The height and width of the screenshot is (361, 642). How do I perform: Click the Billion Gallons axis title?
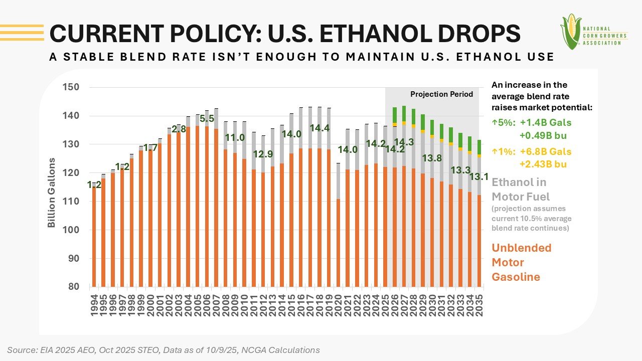click(x=52, y=193)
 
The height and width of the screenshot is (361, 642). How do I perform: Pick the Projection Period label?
click(x=441, y=94)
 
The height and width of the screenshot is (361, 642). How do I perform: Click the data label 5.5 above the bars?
click(x=207, y=119)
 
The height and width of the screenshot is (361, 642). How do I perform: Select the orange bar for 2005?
click(x=198, y=206)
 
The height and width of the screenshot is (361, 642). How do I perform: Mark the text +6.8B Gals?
click(x=548, y=151)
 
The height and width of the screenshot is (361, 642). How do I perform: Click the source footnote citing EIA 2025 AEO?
click(x=164, y=350)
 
